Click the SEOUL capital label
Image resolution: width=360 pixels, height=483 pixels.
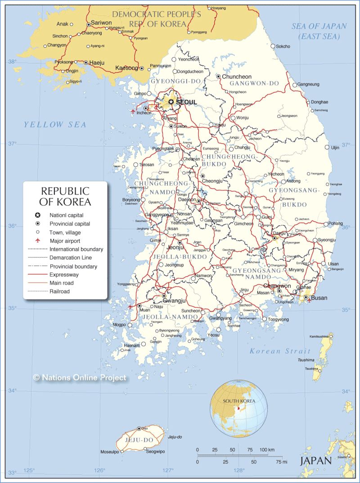[x=186, y=102]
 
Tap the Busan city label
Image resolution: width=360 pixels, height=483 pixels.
[x=319, y=298]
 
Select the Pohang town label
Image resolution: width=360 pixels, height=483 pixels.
[x=335, y=223]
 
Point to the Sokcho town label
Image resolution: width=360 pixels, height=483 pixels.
[x=283, y=46]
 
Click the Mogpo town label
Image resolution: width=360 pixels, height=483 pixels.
[x=119, y=325]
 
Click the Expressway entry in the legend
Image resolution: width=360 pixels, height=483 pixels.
[x=64, y=274]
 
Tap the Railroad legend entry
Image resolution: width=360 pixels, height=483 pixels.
[x=60, y=291]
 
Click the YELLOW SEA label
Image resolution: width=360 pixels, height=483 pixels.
[x=55, y=125]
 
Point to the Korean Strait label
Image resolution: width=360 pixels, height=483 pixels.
[x=280, y=351]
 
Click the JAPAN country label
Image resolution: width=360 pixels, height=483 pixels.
[x=315, y=460]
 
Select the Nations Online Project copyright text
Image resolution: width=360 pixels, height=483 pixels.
[x=80, y=378]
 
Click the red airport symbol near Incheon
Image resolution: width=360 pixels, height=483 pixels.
[x=133, y=111]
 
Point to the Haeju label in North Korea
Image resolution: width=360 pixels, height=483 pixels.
[x=97, y=63]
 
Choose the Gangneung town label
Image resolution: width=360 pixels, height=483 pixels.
[x=308, y=84]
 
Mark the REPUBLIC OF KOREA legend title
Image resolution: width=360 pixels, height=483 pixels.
[x=65, y=196]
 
